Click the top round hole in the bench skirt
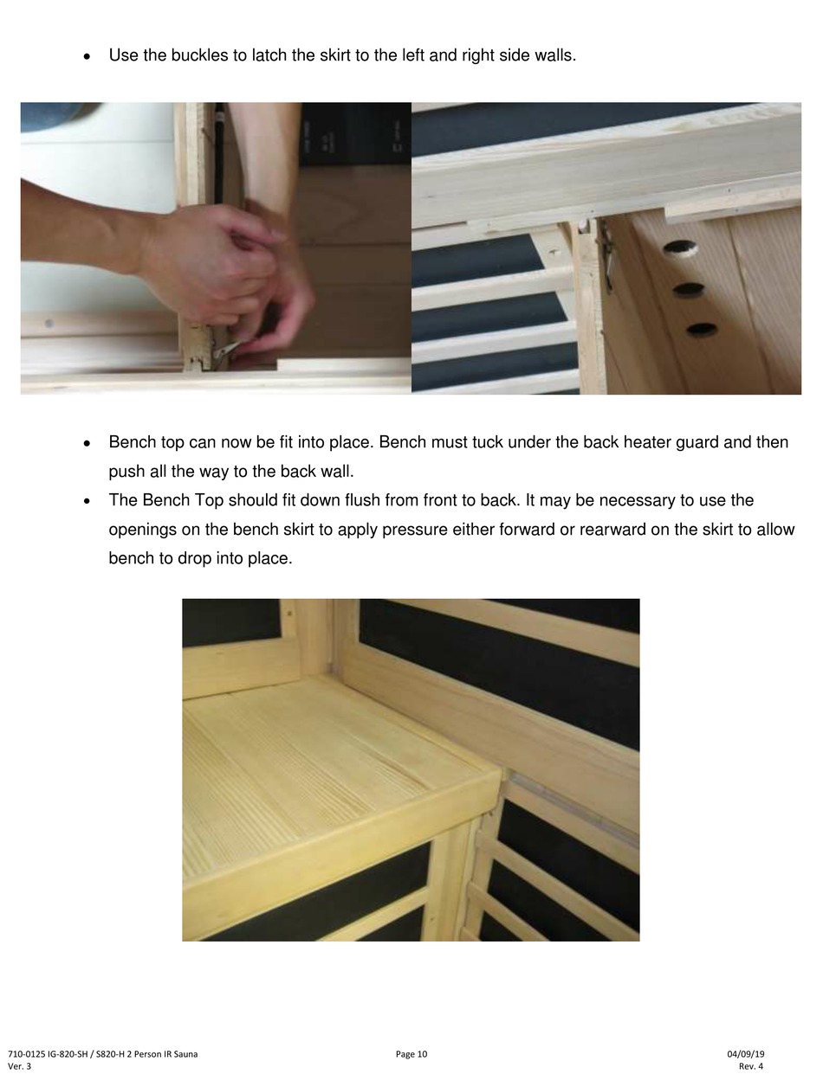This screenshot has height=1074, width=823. pyautogui.click(x=680, y=247)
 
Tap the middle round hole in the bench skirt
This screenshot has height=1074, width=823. pyautogui.click(x=689, y=289)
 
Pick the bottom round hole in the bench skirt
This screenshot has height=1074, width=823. pyautogui.click(x=702, y=329)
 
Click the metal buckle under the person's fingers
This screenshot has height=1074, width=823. pyautogui.click(x=224, y=350)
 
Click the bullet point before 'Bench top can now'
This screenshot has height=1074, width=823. pyautogui.click(x=87, y=444)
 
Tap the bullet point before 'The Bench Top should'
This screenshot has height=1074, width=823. pyautogui.click(x=87, y=502)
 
